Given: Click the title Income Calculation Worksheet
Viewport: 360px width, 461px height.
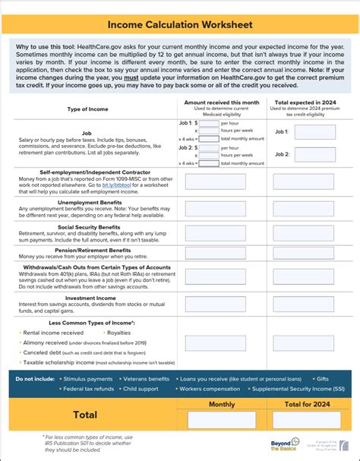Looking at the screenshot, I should tap(180, 26).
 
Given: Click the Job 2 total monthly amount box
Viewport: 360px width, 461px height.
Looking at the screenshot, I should tap(209, 163).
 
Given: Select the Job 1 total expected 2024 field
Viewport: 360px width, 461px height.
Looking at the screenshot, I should tap(314, 131).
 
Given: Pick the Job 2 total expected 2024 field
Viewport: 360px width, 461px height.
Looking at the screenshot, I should tap(314, 154).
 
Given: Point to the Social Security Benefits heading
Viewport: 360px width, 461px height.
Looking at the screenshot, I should tap(90, 226).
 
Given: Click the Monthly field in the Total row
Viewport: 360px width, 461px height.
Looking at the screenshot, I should tap(221, 420).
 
